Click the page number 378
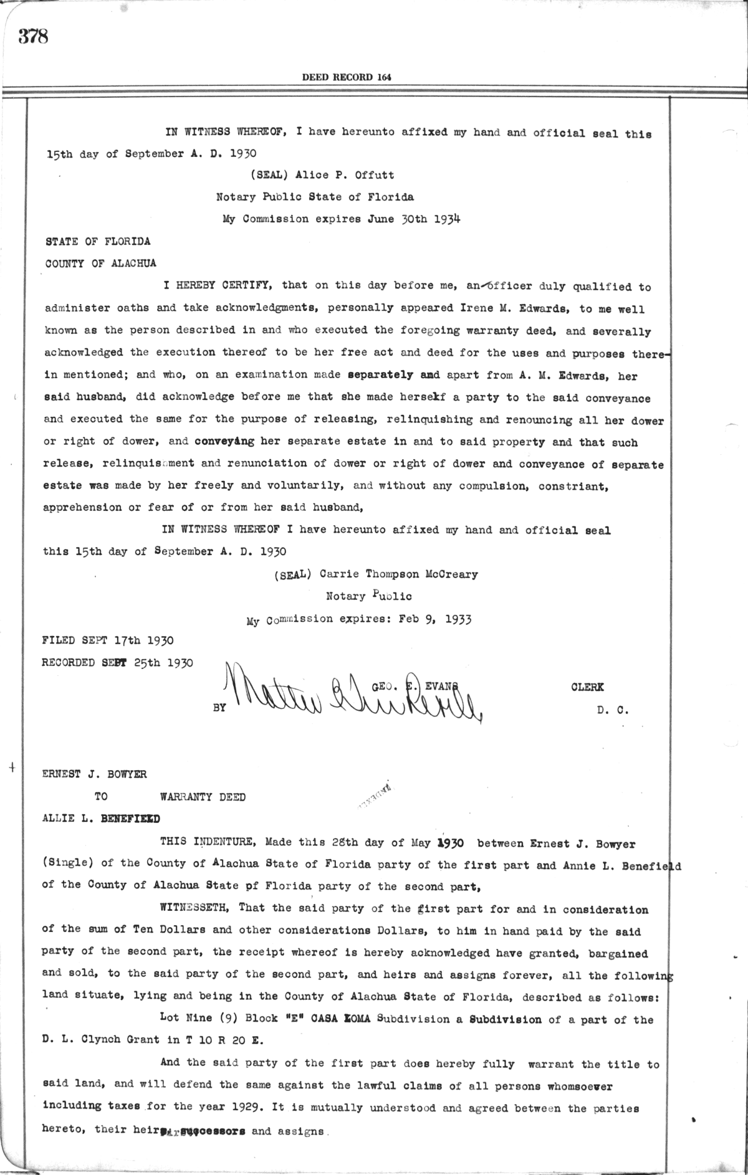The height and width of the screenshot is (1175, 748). tap(33, 37)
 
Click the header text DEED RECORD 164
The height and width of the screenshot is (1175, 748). tap(346, 77)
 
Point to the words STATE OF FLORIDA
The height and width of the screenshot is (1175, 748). tap(98, 241)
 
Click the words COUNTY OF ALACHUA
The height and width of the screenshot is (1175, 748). tap(101, 263)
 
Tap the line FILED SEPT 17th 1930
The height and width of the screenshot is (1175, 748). tap(108, 640)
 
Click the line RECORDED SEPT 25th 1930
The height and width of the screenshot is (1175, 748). tap(117, 662)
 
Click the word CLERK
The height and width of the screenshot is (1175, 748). tap(587, 687)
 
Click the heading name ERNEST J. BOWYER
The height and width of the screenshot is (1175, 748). tap(94, 774)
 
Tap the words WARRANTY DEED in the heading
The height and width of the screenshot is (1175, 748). tap(203, 797)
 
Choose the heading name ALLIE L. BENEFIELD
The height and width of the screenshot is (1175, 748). tap(101, 819)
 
